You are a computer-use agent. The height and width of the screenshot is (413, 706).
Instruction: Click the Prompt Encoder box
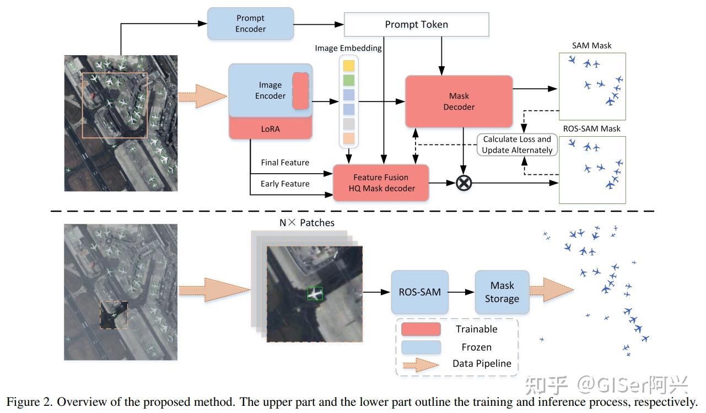[250, 24]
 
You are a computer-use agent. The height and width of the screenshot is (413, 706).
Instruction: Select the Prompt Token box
[416, 24]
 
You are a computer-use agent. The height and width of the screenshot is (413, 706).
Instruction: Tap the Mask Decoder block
[459, 101]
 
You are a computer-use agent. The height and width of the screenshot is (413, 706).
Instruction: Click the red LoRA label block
[270, 129]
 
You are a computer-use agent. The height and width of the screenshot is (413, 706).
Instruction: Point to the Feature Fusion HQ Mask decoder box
[381, 183]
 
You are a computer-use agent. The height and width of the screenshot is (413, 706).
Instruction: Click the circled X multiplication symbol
[464, 183]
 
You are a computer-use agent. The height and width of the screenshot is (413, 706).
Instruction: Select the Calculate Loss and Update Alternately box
[517, 144]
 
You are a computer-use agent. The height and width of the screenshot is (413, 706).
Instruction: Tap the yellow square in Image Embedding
[348, 66]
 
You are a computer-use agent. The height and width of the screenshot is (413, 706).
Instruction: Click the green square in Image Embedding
[348, 81]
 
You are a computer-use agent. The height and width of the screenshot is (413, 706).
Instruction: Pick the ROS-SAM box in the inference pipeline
[419, 292]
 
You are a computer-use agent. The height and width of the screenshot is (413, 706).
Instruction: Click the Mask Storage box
[502, 292]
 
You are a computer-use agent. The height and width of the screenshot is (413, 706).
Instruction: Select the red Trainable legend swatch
[421, 329]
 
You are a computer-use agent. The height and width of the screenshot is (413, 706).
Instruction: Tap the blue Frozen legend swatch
[421, 347]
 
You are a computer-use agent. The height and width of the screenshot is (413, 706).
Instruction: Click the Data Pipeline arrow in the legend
[421, 364]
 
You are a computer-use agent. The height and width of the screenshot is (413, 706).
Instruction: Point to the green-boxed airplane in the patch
[315, 294]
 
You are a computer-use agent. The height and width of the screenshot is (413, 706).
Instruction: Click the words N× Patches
[306, 223]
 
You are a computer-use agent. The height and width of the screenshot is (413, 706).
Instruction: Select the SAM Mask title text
[592, 46]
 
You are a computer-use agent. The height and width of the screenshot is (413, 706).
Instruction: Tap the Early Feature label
[285, 184]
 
